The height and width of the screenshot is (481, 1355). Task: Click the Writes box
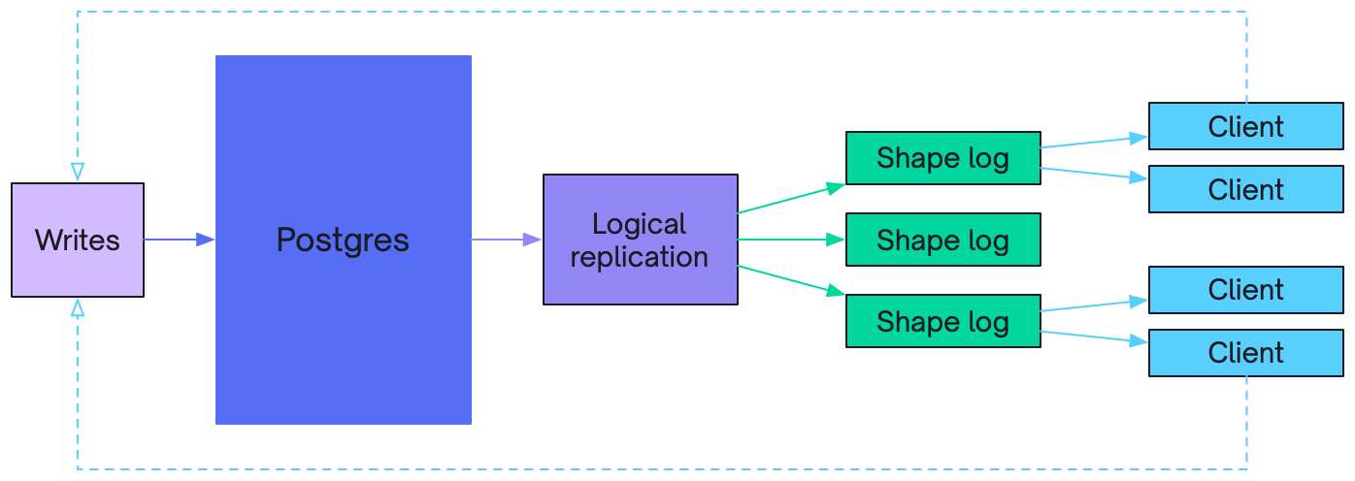point(78,240)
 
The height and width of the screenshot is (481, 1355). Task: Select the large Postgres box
point(343,240)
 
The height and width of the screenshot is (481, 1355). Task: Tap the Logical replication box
point(640,240)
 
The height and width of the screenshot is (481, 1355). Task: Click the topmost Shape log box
point(942,158)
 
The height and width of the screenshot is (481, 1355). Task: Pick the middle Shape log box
point(942,240)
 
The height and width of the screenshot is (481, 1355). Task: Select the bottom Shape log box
point(942,321)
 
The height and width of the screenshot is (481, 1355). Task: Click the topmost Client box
point(1245,126)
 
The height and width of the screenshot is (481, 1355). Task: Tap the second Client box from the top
point(1245,189)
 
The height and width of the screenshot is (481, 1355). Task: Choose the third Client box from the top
point(1245,290)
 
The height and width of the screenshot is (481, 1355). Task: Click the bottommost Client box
point(1245,353)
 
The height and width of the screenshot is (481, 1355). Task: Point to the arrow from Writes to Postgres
point(179,240)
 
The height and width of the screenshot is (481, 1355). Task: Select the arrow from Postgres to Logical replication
point(507,240)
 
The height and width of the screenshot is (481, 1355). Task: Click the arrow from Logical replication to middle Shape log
point(791,240)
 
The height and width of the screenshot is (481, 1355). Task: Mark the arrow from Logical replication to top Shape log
point(791,198)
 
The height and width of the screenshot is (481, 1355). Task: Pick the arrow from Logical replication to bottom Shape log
point(791,279)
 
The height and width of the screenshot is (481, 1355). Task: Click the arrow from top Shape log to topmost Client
point(1094,142)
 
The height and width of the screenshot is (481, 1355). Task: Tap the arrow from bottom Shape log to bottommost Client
point(1094,337)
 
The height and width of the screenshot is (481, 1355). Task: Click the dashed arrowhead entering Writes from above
point(78,173)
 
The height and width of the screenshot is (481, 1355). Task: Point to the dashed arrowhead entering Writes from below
point(78,307)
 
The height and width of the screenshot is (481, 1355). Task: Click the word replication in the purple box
point(640,257)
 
